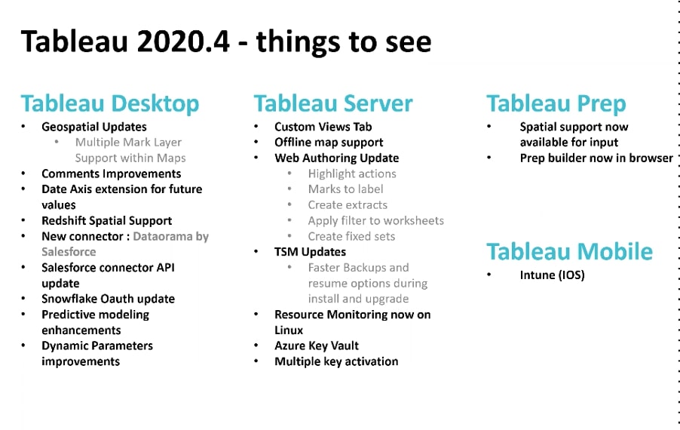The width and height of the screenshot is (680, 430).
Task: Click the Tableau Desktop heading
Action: [110, 103]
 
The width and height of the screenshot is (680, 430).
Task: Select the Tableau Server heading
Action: [333, 103]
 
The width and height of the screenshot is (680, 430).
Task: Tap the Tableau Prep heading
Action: [556, 103]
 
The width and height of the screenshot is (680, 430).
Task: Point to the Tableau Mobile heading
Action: [569, 251]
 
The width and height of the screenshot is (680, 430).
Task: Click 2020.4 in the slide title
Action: [182, 41]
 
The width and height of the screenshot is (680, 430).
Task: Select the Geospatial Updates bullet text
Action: [94, 127]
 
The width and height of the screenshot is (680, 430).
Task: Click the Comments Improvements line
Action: [112, 174]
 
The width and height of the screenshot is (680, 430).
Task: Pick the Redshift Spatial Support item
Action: [107, 220]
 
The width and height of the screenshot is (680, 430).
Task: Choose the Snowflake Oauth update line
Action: [108, 299]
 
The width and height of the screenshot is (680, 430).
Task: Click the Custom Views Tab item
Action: [323, 127]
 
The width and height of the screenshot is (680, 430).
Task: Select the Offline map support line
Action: [329, 143]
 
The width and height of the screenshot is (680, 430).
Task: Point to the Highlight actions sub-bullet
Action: [352, 174]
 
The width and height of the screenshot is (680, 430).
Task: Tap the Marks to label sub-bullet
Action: [345, 189]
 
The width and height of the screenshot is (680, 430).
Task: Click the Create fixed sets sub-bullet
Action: [352, 236]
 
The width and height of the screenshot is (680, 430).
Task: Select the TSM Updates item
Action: [310, 252]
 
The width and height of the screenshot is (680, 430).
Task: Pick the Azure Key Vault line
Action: [317, 346]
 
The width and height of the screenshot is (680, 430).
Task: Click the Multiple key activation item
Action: [336, 361]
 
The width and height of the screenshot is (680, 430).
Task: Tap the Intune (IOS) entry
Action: [552, 275]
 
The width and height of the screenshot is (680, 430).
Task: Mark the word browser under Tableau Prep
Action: [651, 158]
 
